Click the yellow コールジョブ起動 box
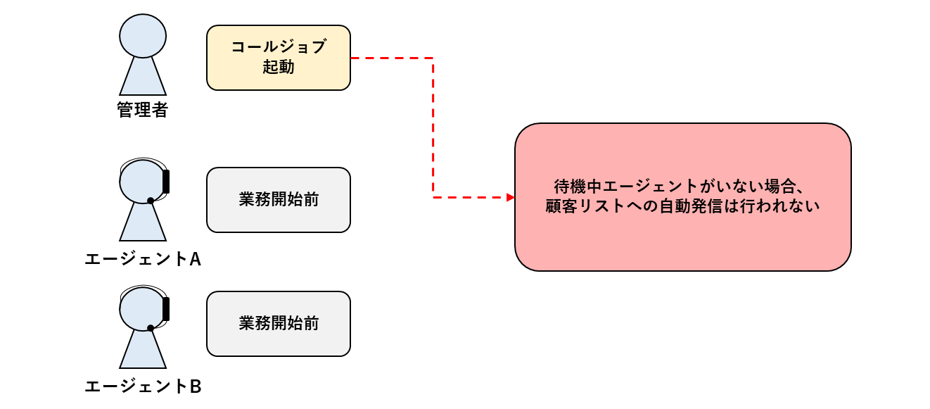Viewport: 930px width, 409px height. point(278,58)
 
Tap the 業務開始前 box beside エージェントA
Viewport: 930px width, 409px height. point(278,200)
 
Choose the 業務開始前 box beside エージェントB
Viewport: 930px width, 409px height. point(278,324)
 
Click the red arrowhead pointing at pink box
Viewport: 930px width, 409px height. point(511,197)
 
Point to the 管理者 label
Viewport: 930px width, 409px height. point(142,111)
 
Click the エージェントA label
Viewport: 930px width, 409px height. point(143,259)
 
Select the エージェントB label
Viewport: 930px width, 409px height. point(143,386)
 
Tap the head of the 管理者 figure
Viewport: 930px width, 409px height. point(143,35)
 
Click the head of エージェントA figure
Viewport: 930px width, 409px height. point(141,180)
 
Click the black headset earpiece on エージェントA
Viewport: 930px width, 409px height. point(166,181)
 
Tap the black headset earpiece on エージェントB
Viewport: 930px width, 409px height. point(166,308)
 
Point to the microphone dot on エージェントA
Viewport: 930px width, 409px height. point(151,201)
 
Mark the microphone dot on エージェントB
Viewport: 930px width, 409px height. point(151,327)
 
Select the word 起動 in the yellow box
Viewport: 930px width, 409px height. point(278,68)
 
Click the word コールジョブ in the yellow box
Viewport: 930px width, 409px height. point(278,48)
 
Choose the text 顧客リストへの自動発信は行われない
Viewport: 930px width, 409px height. point(682,208)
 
